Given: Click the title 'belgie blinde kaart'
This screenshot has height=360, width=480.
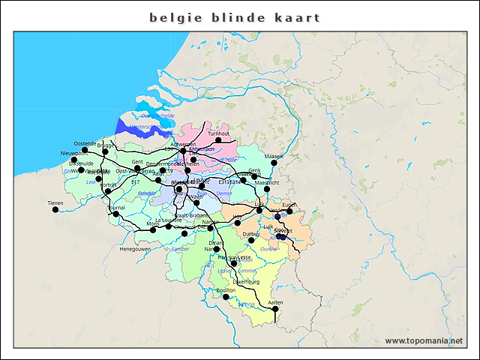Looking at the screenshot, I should click(235, 17).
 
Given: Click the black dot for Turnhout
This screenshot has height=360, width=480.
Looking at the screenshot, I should click(218, 140).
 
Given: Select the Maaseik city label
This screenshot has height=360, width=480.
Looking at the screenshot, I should click(274, 156).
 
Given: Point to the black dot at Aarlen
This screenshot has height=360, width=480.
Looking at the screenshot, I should click(274, 309).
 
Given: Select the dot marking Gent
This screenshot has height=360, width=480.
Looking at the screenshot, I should click(137, 168).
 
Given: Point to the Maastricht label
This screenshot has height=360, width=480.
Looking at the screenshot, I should click(267, 182).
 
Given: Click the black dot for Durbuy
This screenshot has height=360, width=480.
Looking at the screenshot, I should click(252, 241).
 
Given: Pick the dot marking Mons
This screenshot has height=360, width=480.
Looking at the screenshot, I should click(153, 229).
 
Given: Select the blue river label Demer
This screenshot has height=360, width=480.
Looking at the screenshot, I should click(224, 193).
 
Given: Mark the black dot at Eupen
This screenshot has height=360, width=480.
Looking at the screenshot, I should click(289, 211).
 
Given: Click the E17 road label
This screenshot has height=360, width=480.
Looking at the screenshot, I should click(135, 181).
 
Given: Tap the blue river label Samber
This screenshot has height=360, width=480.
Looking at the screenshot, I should click(181, 248).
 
